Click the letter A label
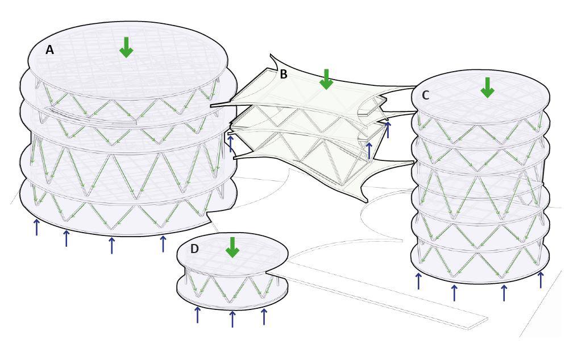click(50, 50)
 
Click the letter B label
click(283, 74)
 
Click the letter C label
click(425, 95)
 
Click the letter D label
click(194, 249)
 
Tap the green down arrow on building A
click(126, 47)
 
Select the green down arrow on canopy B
click(326, 79)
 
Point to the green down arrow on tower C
click(487, 88)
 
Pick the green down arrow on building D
click(232, 247)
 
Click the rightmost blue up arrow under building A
click(163, 243)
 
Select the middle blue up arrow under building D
click(232, 318)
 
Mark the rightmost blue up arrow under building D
click(264, 316)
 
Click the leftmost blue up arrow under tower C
click(419, 280)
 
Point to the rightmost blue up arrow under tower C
click(541, 279)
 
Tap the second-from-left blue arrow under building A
click(67, 238)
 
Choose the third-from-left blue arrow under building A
click(111, 245)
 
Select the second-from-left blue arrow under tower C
click(454, 292)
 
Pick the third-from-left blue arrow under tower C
click(504, 292)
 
